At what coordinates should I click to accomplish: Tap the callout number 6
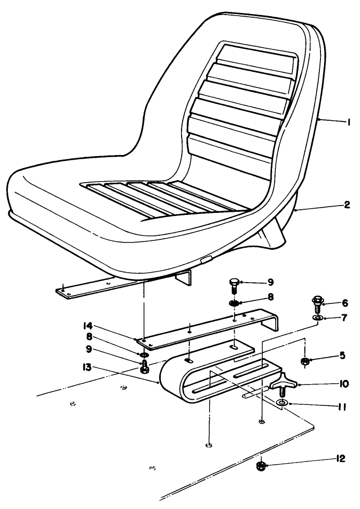point(345,303)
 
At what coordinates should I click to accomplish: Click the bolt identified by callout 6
point(317,301)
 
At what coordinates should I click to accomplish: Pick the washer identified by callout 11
point(281,403)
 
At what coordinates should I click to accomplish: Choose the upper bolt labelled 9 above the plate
point(234,286)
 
